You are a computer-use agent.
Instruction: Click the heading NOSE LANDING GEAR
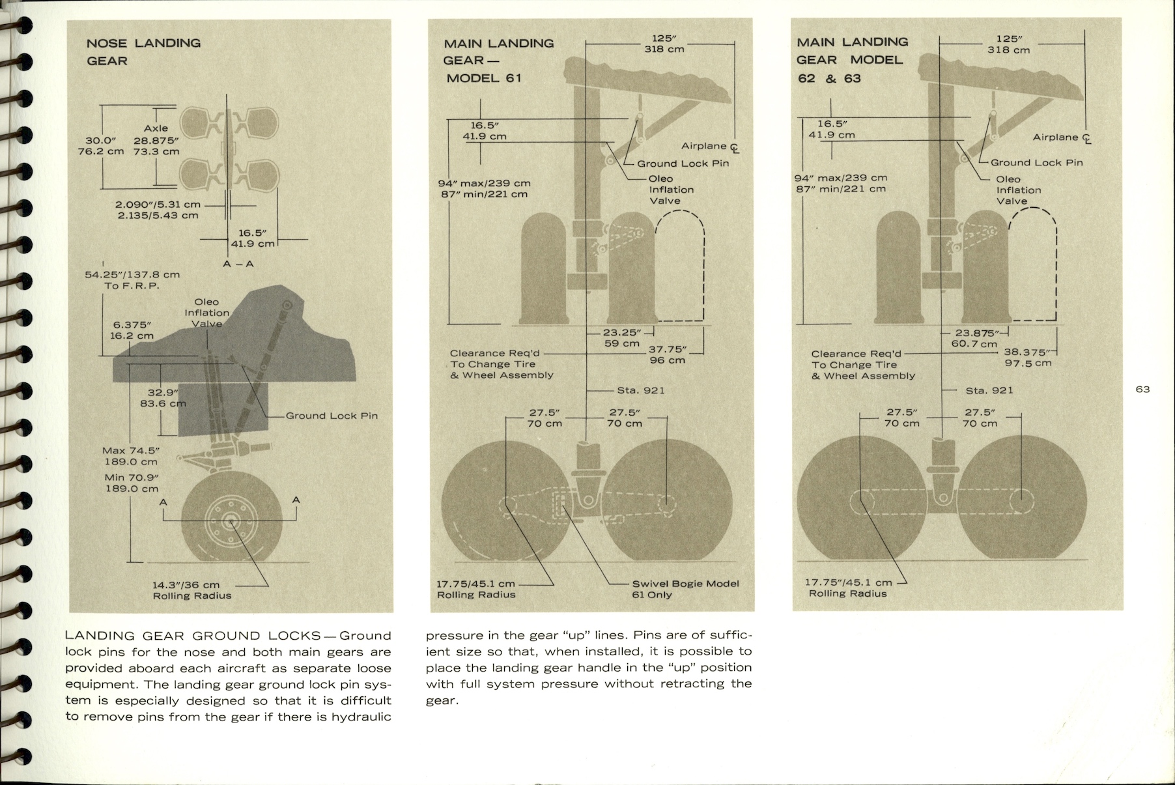(x=143, y=51)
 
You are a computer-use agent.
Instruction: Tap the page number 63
(x=1142, y=390)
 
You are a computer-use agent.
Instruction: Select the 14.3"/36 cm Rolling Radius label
(x=192, y=590)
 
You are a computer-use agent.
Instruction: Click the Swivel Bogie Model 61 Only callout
(x=685, y=589)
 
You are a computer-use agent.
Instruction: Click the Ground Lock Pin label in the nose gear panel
(x=332, y=416)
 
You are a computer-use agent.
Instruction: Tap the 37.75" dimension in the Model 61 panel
(x=668, y=354)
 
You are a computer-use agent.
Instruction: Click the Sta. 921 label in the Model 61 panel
(x=640, y=390)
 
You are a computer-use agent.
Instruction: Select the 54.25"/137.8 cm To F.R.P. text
(x=132, y=280)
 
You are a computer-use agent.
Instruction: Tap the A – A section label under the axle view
(x=238, y=264)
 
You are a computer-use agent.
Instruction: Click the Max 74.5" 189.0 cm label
(x=131, y=456)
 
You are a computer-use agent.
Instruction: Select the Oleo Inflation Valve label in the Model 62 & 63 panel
(x=1018, y=190)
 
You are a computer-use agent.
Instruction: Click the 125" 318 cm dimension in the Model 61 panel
(x=664, y=44)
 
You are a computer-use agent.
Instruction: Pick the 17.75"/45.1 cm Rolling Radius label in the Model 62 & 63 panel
(x=848, y=588)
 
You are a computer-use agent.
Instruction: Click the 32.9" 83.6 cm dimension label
(x=163, y=398)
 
